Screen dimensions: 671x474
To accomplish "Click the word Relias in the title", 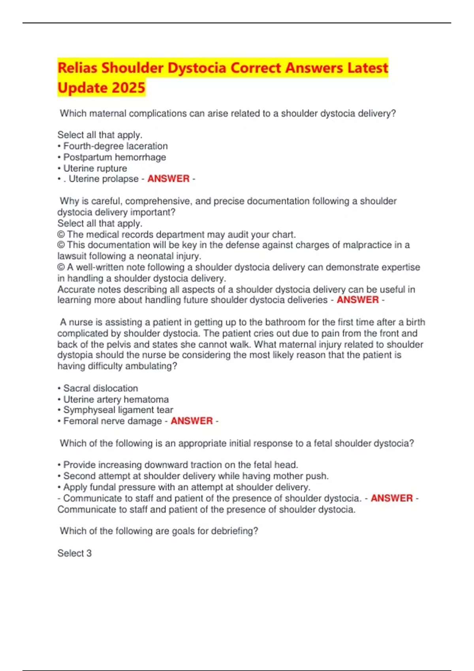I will [x=77, y=68].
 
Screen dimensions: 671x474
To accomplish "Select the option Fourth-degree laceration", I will [x=115, y=146].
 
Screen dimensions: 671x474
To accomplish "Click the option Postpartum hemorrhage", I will [x=115, y=157].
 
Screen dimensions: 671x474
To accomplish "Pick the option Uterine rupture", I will [x=95, y=168].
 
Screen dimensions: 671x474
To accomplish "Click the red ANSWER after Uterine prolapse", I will [x=168, y=179].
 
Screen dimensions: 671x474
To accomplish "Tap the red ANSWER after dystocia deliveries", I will [x=357, y=300].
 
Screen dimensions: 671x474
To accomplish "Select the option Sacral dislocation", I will [x=101, y=388].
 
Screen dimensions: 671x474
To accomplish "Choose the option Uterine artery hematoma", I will [x=116, y=399].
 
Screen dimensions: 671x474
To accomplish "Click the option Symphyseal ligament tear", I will [x=118, y=410].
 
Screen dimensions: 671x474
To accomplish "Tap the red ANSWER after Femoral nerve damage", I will [x=192, y=421].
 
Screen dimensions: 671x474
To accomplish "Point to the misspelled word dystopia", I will [x=75, y=355].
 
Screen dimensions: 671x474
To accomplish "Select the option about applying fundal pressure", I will [x=186, y=487].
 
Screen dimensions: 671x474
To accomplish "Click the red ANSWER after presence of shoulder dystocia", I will [x=391, y=498].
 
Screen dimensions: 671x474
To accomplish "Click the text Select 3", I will [x=74, y=553].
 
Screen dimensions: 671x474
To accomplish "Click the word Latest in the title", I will [x=368, y=68].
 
